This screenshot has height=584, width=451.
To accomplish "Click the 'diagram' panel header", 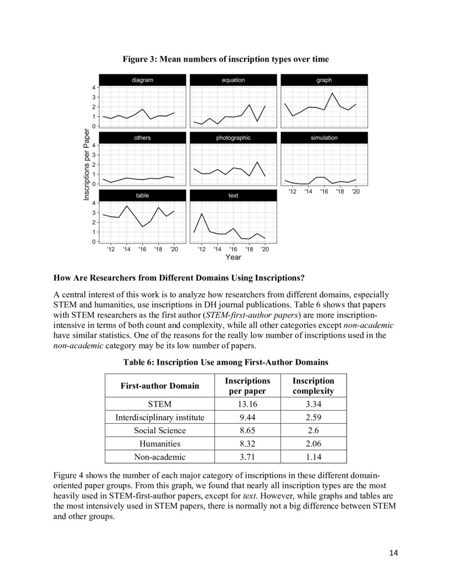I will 142,80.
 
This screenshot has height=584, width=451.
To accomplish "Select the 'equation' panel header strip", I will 233,80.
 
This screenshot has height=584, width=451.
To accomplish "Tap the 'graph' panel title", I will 324,80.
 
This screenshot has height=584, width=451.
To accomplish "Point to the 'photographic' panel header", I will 233,138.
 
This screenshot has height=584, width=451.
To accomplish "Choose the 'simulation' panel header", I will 324,138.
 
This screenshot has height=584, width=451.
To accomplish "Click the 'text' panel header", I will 233,195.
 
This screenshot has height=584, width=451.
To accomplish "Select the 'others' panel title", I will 142,138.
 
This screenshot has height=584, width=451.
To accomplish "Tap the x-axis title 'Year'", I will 233,257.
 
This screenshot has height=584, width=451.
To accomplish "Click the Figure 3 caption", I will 226,59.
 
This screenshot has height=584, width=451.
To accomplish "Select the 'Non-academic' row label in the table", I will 160,457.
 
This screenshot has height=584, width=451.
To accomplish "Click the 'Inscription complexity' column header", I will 313,386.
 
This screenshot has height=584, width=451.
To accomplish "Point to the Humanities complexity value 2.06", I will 313,444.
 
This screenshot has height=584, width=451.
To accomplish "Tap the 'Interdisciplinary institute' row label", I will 160,418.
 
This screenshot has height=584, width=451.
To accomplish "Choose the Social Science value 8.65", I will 247,431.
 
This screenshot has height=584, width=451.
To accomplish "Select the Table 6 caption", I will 226,363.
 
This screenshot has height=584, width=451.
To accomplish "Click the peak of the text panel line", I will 202,213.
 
